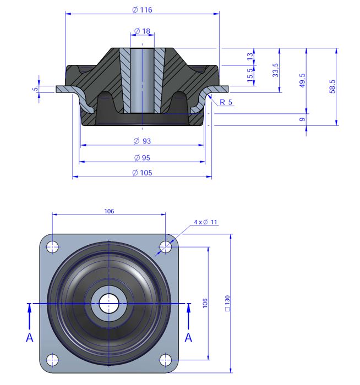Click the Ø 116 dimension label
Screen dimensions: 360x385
[142, 10]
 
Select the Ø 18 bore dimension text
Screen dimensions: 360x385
[142, 31]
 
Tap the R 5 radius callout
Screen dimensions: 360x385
[226, 102]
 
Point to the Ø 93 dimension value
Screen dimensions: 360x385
[142, 141]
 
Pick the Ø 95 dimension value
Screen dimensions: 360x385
[142, 158]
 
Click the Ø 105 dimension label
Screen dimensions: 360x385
[142, 173]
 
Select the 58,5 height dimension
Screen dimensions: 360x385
[332, 86]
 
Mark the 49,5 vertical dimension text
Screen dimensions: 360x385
[302, 80]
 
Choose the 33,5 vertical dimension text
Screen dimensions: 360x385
[275, 70]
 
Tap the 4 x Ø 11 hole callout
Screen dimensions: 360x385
[205, 222]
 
